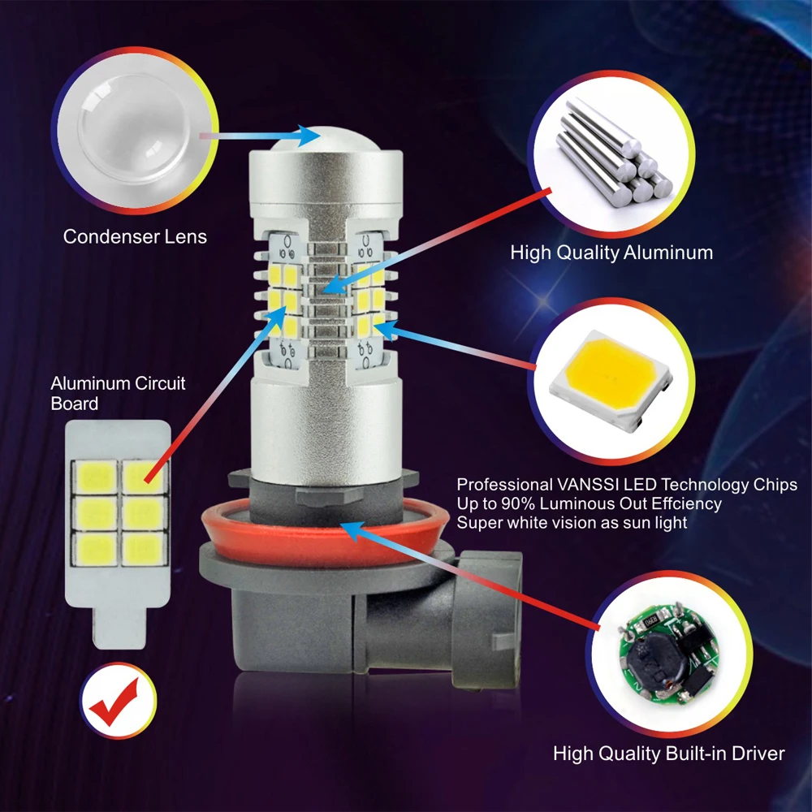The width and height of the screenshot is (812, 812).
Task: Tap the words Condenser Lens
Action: point(135,236)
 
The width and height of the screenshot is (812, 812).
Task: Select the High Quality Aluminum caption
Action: point(611,253)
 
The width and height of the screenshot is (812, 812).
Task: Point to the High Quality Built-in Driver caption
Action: point(669,754)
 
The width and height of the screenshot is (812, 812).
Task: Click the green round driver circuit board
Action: point(669,655)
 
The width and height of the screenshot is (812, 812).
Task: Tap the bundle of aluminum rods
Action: point(614,153)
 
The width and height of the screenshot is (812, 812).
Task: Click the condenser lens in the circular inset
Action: point(134,129)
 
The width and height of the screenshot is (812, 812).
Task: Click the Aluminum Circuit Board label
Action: point(118,394)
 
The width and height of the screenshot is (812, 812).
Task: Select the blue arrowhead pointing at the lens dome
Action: point(309,136)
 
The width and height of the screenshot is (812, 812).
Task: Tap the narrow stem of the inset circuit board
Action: point(119,627)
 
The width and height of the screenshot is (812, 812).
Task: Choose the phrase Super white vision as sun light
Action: point(572,523)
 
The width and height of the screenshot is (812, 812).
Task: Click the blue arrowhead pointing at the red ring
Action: point(353,531)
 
